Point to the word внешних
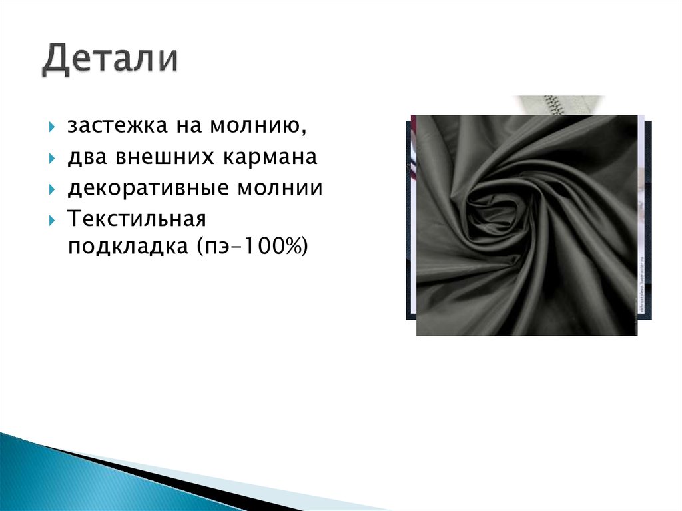155,157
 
